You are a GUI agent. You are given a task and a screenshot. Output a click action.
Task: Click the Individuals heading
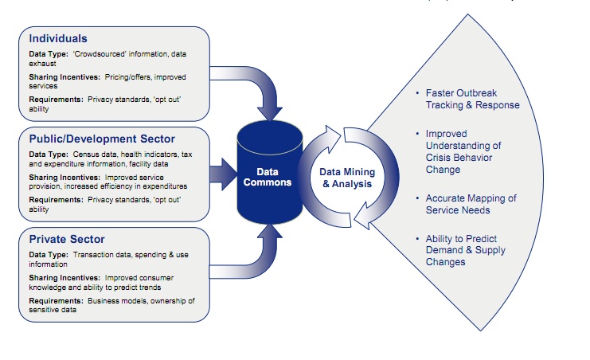[x=58, y=38]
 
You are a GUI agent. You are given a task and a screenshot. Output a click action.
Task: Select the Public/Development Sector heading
[x=102, y=139]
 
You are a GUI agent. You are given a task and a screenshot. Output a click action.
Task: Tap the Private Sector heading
[x=67, y=239]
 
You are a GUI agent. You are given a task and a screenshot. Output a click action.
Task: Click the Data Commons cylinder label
[x=268, y=177]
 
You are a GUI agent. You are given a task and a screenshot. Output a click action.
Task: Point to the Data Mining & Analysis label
[x=347, y=178]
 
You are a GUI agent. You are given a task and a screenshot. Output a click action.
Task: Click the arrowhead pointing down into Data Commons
[x=269, y=113]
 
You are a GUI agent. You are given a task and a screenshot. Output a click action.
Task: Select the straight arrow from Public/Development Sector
[x=224, y=174]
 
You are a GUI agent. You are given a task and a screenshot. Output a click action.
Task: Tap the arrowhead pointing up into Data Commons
[x=269, y=232]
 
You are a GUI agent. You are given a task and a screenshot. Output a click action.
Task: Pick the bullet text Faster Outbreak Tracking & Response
[x=472, y=99]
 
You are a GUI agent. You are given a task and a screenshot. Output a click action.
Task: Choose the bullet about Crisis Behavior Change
[x=463, y=152]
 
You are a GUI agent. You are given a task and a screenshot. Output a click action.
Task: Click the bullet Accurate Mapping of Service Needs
[x=471, y=204]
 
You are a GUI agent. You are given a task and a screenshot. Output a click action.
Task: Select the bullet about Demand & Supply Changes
[x=466, y=250]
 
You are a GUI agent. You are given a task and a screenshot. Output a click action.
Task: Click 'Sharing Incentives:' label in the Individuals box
[x=64, y=77]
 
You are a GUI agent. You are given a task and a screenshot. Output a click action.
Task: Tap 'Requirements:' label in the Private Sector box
[x=56, y=301]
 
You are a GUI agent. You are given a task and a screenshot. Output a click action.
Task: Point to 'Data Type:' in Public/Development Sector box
[x=49, y=155]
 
